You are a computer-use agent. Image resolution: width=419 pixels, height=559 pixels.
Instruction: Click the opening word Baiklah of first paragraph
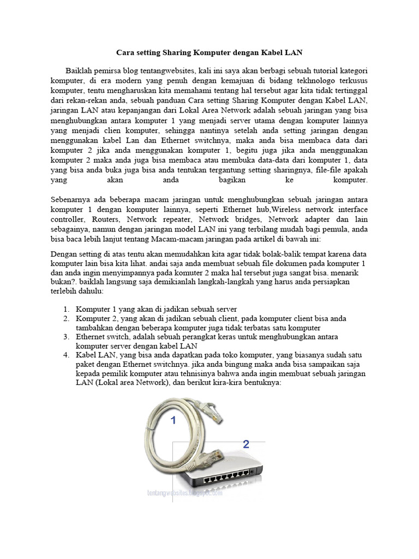click(80, 71)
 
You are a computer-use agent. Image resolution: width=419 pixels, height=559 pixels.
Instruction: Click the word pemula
click(337, 229)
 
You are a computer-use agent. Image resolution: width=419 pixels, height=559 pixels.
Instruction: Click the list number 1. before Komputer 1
click(65, 309)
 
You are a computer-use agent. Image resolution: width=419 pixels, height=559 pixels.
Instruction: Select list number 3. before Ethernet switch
click(65, 337)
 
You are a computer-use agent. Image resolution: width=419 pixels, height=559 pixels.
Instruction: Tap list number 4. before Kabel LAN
click(65, 355)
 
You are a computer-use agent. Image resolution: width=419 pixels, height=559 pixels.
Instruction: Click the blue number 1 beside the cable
click(173, 420)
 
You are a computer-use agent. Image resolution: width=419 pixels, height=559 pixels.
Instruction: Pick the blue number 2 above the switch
click(246, 443)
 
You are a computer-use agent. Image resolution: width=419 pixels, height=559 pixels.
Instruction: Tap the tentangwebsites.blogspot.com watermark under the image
click(185, 492)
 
